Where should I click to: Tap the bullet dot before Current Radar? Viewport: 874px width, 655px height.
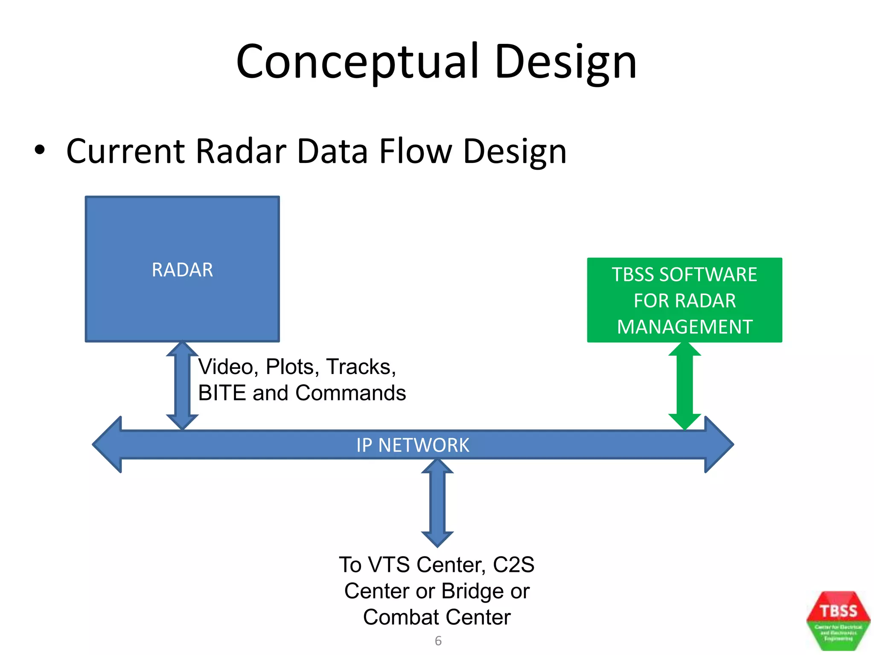tap(40, 150)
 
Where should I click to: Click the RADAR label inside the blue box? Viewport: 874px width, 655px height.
tap(182, 270)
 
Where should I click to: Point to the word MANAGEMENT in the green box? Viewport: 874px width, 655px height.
tap(685, 327)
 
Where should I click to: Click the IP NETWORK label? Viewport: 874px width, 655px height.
tap(413, 445)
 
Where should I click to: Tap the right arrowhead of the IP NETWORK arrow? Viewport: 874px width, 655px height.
tap(719, 444)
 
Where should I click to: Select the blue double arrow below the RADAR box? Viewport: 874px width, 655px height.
tap(182, 386)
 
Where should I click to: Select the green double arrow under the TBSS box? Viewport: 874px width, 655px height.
tap(685, 386)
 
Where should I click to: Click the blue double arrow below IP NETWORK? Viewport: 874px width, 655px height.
tap(437, 503)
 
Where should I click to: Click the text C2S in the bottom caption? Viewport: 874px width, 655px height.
tap(513, 565)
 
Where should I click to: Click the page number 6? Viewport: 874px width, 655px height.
tap(438, 641)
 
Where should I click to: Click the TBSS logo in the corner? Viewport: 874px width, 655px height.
tap(838, 620)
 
